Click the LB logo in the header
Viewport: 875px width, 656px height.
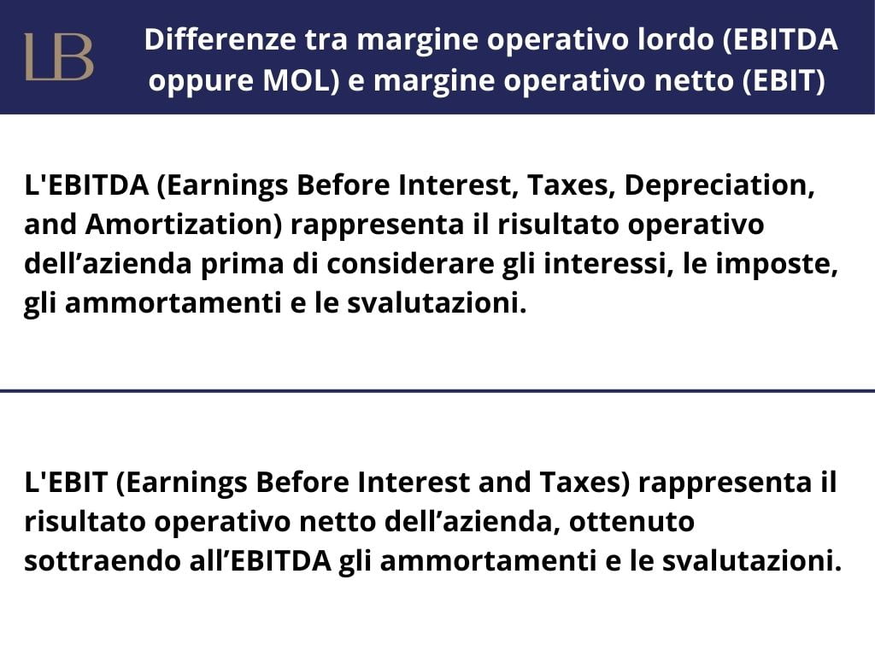(59, 56)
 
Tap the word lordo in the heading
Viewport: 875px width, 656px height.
(676, 39)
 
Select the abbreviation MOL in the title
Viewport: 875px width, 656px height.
(301, 80)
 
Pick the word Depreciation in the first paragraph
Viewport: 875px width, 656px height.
(719, 185)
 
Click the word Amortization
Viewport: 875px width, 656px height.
(185, 225)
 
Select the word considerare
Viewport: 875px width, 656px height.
(410, 263)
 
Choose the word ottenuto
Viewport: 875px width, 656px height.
(631, 522)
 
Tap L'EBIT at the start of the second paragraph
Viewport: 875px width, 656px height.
(66, 482)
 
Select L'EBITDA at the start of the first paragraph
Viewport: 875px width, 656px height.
(86, 185)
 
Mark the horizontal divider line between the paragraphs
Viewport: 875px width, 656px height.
(437, 390)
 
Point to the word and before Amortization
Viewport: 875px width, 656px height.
(50, 225)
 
